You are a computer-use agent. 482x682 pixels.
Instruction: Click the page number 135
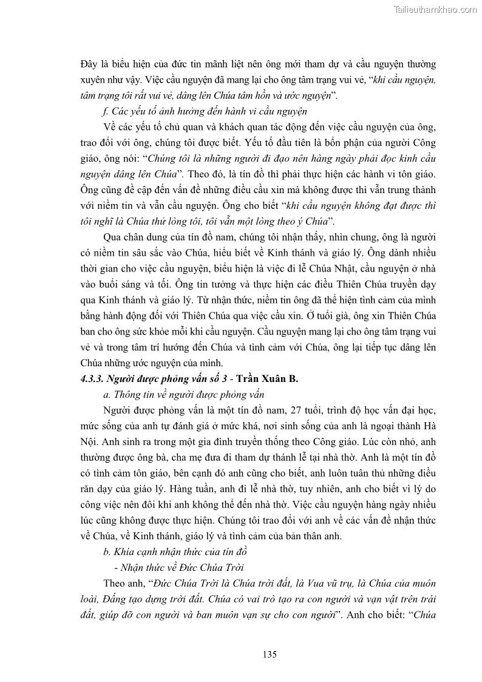click(x=270, y=654)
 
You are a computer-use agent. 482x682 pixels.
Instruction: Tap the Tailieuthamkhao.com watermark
click(x=436, y=9)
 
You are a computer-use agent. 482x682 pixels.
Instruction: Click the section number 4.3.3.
click(x=92, y=378)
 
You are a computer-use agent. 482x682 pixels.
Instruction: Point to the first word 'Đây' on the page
click(x=89, y=64)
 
